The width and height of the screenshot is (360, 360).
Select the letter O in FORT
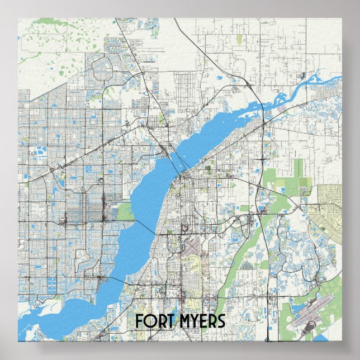(148, 321)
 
